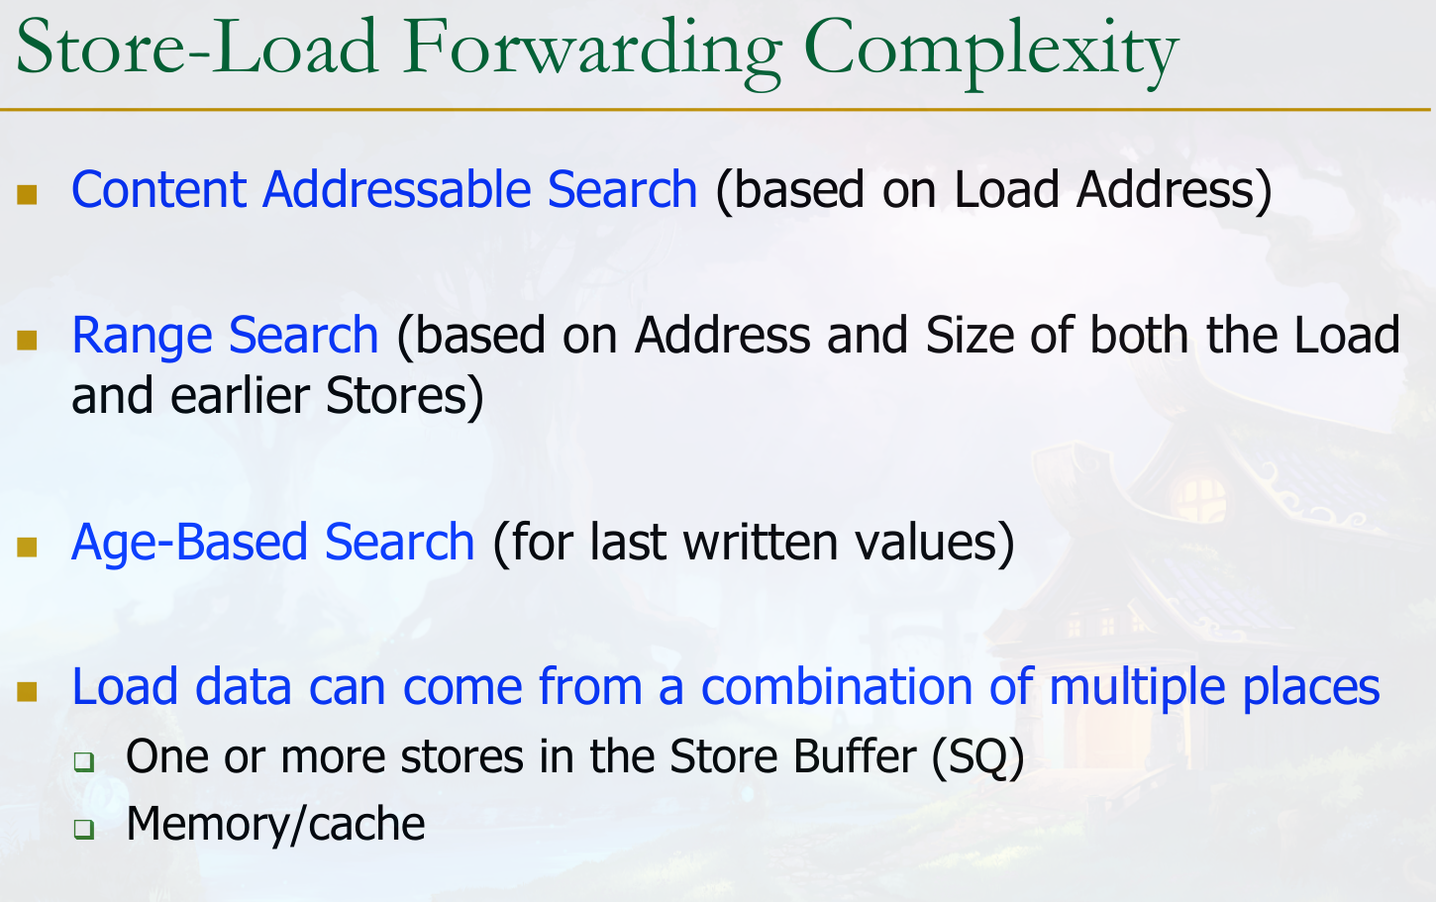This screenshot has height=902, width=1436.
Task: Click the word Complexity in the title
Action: click(x=991, y=52)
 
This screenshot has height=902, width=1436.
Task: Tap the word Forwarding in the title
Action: click(x=592, y=52)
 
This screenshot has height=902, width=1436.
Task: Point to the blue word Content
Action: click(x=159, y=190)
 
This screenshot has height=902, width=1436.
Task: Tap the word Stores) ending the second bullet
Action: click(x=404, y=397)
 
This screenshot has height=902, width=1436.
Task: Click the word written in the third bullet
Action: click(x=761, y=543)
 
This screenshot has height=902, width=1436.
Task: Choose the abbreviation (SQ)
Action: click(x=977, y=758)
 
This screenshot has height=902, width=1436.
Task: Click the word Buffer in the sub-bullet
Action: click(x=855, y=756)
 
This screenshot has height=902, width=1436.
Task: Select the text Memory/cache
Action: click(x=275, y=825)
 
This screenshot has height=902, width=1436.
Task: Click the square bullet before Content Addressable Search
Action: click(x=27, y=195)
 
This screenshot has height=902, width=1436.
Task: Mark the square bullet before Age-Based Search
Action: click(x=27, y=548)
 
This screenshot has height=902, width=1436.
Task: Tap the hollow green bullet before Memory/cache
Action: click(x=84, y=829)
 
